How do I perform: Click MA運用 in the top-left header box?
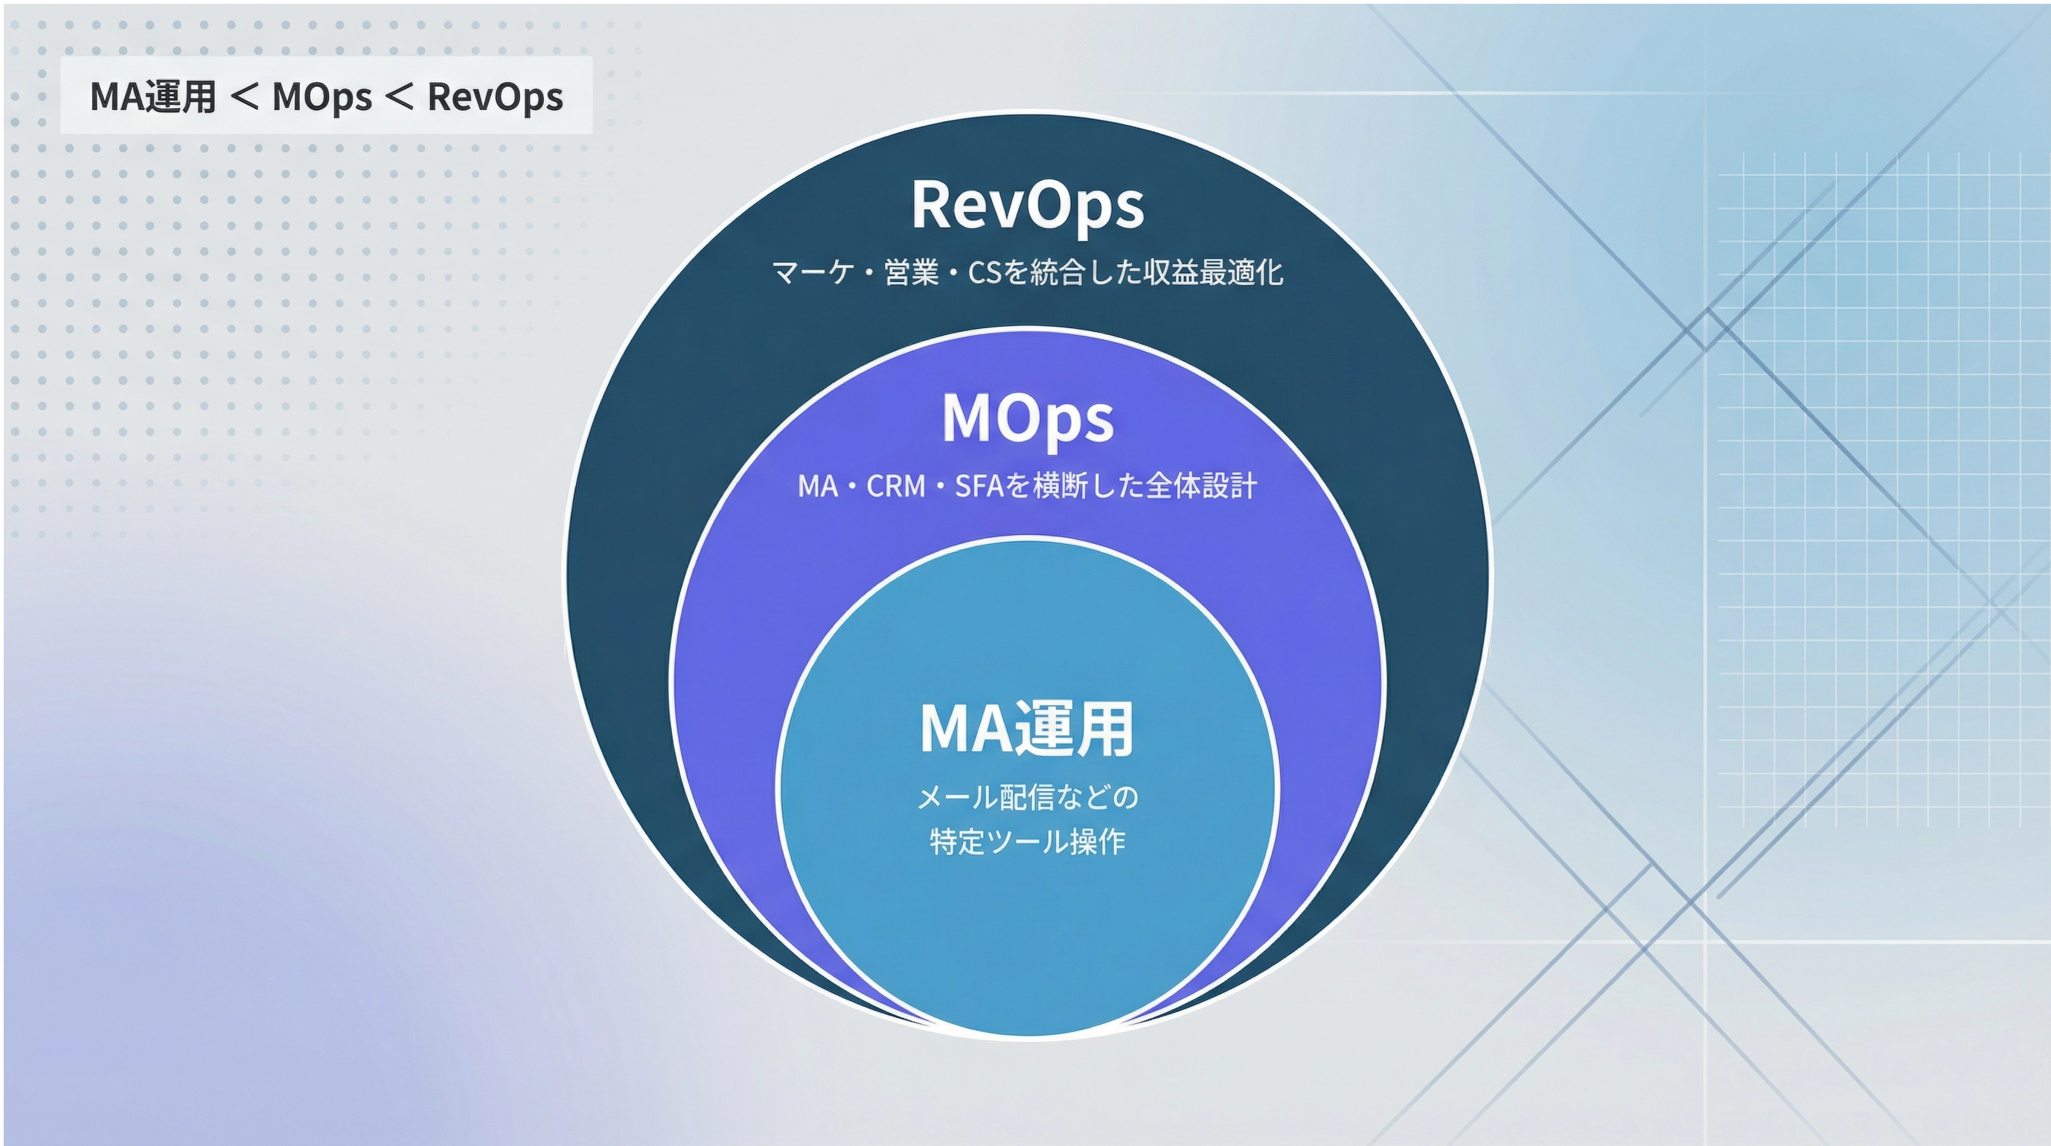coord(153,96)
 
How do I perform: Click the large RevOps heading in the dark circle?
coord(1027,206)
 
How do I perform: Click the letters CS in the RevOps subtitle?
coord(984,272)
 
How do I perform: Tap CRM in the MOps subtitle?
coord(896,486)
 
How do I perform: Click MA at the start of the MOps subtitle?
coord(818,486)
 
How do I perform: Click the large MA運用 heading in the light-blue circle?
coord(1027,728)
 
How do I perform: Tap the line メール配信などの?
coord(1027,796)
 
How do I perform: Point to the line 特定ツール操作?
coord(1027,842)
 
